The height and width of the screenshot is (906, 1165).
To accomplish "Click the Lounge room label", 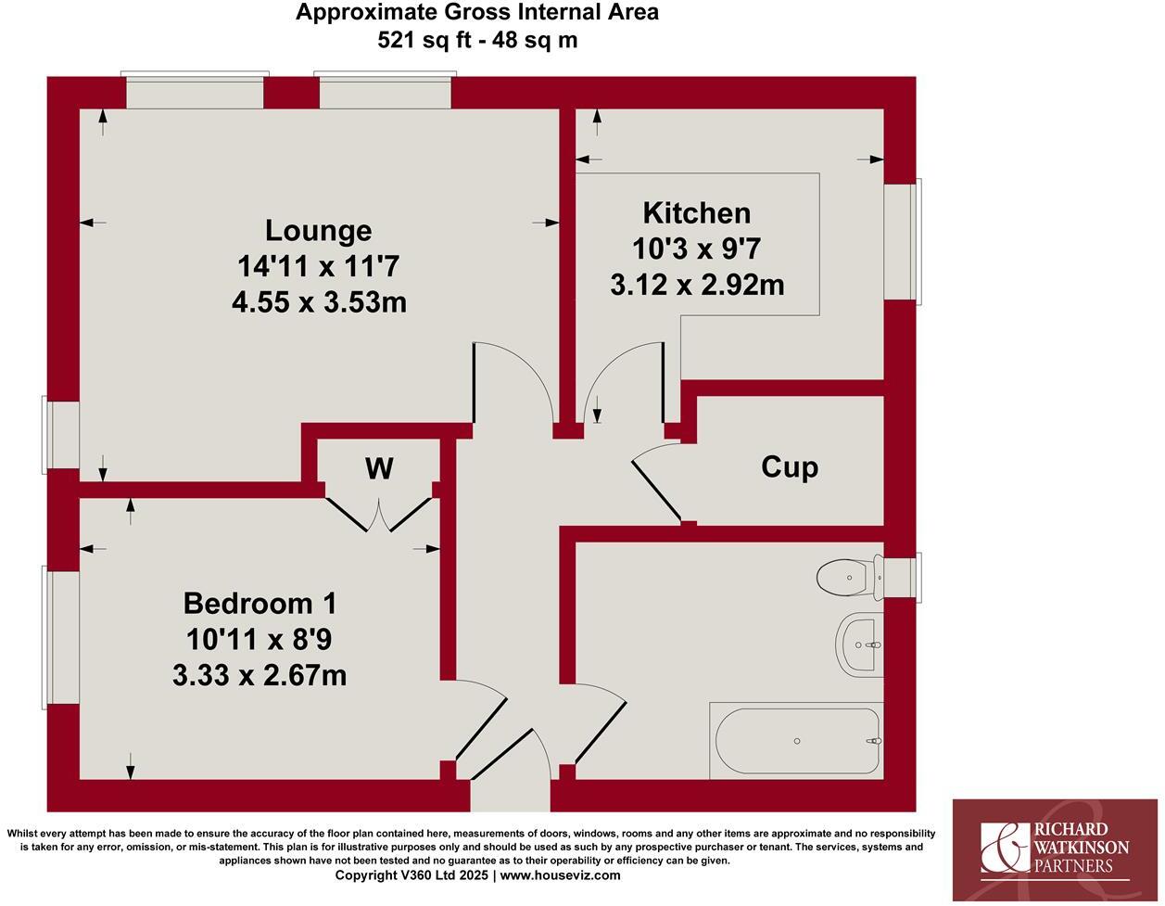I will [318, 230].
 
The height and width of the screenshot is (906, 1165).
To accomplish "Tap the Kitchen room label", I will [697, 213].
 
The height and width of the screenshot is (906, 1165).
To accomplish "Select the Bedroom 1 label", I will [260, 603].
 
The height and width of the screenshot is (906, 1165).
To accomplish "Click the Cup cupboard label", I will [790, 466].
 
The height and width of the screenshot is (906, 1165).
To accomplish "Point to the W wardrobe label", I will [379, 469].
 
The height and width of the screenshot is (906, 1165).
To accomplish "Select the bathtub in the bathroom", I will [796, 740].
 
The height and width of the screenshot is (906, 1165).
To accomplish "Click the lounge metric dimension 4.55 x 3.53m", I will [319, 302].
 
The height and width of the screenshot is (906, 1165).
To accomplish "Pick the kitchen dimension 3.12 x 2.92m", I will [697, 285].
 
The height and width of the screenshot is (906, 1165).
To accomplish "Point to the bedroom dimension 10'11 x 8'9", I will [260, 639].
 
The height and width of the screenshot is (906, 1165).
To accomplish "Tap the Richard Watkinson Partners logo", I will [1055, 849].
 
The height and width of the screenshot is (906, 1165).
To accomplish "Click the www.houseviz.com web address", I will [561, 874].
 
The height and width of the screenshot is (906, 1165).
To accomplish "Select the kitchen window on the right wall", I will [902, 241].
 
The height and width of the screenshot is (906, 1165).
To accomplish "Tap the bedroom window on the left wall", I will [61, 637].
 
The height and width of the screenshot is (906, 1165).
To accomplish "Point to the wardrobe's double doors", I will [379, 516].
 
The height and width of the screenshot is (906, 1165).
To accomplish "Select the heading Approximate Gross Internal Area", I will [477, 12].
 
